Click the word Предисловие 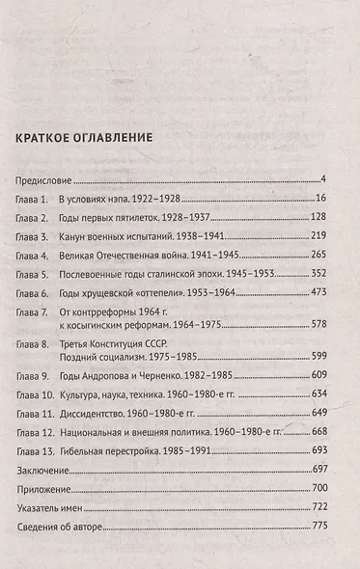pos(46,180)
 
